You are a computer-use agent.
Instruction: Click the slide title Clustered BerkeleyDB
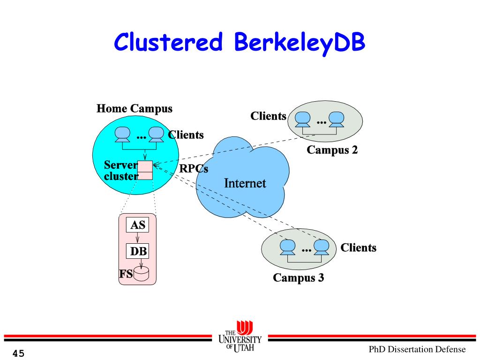point(240,43)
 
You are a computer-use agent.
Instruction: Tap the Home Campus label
point(135,109)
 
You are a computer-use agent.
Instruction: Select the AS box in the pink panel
point(138,225)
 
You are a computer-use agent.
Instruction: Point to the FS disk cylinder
point(141,273)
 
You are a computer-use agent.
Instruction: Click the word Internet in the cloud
point(245,183)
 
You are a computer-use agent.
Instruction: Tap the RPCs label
point(194,168)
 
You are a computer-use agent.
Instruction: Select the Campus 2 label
point(332,150)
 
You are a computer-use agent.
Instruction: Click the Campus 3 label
point(299,277)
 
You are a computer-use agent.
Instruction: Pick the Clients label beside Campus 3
point(358,247)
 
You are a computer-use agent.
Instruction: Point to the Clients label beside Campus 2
point(268,116)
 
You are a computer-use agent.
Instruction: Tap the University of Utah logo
point(240,337)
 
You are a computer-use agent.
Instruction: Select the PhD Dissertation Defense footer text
point(417,349)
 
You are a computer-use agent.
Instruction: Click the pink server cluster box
point(145,170)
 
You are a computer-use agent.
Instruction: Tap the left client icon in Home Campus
point(123,135)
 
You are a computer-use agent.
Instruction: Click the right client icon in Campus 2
point(337,120)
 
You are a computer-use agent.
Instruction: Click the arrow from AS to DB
point(138,238)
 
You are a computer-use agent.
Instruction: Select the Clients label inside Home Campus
point(186,135)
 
